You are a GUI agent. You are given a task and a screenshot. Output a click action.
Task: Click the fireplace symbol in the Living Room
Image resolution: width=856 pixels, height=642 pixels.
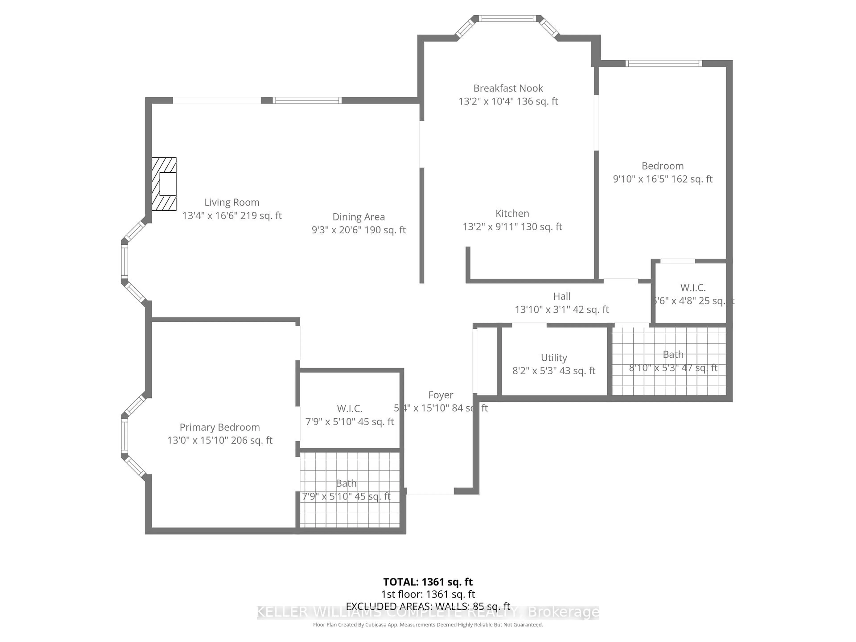pos(164,184)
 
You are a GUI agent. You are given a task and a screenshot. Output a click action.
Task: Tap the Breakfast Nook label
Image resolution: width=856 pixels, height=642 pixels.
pos(508,88)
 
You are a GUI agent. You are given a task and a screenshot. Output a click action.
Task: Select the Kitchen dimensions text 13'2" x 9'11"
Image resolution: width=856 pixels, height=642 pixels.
pos(512,227)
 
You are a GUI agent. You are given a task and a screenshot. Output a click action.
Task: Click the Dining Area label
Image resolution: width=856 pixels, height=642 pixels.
pos(358,217)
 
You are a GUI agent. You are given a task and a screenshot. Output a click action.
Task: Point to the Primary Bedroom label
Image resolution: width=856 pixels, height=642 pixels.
pos(219,427)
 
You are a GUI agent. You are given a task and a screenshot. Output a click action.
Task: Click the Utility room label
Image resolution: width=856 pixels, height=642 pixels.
pos(554,358)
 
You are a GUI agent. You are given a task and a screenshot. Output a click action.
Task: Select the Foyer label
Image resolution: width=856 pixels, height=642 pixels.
pos(440,395)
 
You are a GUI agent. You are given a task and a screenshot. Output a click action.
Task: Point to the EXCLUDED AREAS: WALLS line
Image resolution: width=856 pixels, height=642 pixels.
pos(428,606)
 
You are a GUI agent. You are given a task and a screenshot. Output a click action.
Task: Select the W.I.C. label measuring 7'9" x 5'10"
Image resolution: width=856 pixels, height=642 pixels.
pos(350,409)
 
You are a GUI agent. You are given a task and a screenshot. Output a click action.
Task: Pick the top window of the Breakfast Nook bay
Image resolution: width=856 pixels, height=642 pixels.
pos(507,18)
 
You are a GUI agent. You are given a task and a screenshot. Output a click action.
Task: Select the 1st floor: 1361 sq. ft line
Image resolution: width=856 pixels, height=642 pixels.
pos(428,594)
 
